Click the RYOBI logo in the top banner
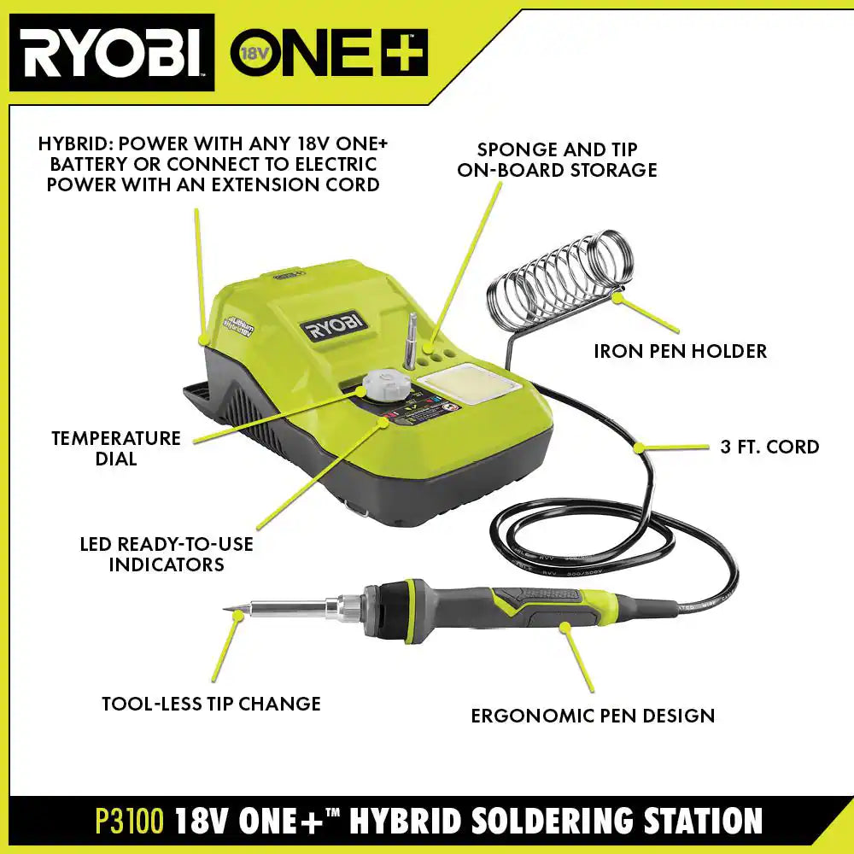[x=111, y=52]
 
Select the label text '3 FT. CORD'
[x=769, y=447]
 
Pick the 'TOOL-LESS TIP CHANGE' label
[x=211, y=704]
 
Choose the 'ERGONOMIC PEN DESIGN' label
[x=593, y=716]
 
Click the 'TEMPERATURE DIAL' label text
[x=116, y=447]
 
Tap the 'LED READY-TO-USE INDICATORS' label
[x=167, y=553]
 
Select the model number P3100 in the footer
[x=129, y=822]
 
